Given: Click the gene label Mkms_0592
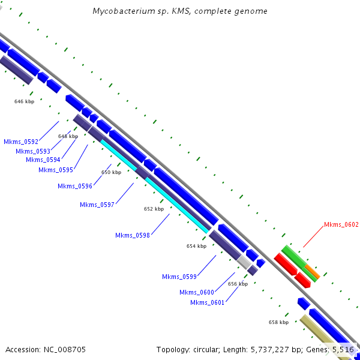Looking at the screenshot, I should (21, 142).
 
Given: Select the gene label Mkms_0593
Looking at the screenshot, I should (33, 151).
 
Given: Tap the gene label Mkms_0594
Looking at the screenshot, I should (43, 160).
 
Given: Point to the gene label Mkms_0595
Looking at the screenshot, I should (56, 170).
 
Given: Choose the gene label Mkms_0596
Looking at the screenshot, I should (75, 186).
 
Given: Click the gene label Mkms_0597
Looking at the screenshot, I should (97, 205).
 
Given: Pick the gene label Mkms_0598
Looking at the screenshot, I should (133, 235).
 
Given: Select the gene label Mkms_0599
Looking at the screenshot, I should (179, 277).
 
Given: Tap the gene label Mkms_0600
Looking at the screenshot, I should (197, 292).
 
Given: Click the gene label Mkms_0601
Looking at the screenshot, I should (208, 302).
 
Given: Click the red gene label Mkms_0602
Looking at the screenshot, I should (341, 225).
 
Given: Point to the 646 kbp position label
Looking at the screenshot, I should (25, 102).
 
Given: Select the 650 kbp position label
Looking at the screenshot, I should (111, 172).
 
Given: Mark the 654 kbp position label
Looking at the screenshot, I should (196, 246).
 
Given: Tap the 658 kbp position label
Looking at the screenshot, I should (278, 322).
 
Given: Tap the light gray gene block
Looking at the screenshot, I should (244, 262).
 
